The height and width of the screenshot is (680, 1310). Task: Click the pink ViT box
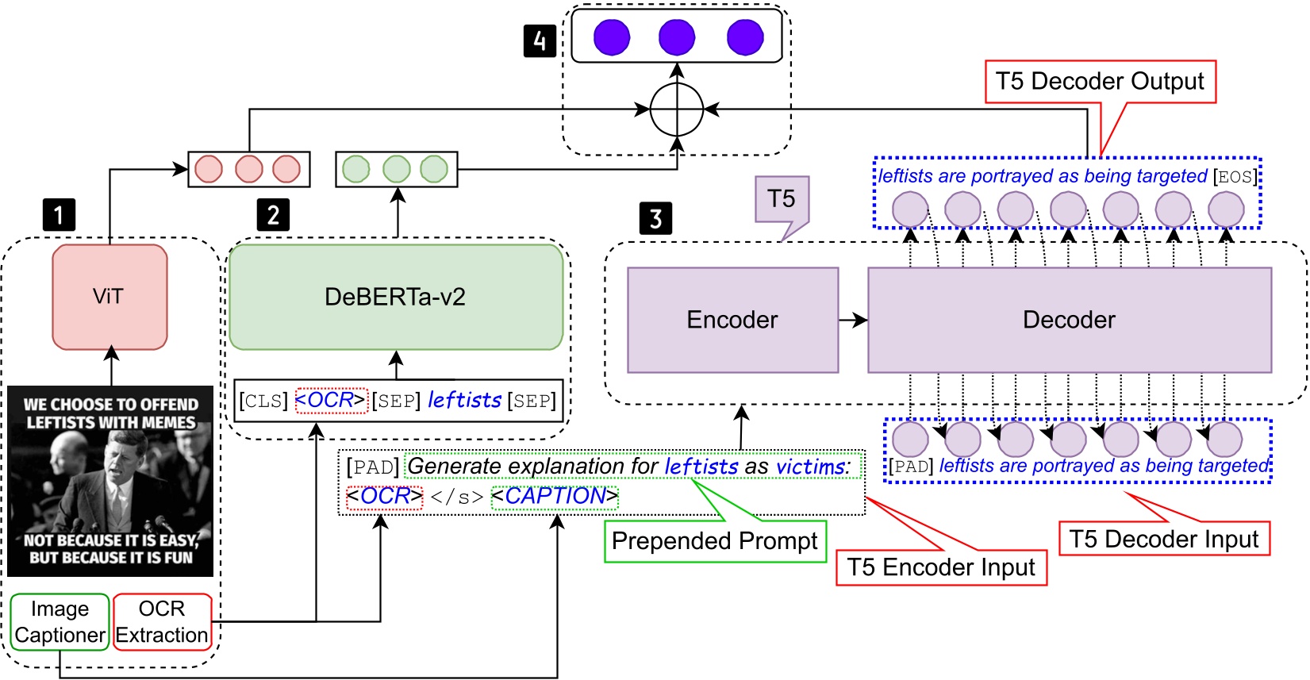109,297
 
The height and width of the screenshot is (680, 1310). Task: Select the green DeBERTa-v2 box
395,297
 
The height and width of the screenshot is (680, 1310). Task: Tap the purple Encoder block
732,320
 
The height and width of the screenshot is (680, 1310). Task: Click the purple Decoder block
1069,320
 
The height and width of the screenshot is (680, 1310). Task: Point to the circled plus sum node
677,109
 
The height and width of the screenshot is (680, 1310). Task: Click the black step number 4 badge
540,40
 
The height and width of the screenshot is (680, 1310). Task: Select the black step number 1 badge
59,215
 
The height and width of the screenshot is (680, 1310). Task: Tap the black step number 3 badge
655,218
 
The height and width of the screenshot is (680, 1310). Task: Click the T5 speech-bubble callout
782,200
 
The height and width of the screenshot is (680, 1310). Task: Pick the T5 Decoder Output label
1100,81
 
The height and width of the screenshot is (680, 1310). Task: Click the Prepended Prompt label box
714,541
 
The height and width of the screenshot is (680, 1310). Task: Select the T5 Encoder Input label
941,567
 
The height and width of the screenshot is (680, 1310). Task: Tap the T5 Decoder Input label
1163,539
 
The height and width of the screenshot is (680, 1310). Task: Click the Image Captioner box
60,622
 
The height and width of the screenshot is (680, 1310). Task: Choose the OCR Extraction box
162,622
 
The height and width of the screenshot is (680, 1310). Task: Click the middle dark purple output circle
677,37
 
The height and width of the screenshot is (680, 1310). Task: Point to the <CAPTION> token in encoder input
555,496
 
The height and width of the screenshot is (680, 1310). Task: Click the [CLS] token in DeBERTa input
263,401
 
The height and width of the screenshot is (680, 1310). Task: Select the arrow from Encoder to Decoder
853,320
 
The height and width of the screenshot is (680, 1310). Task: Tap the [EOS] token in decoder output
1235,176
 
